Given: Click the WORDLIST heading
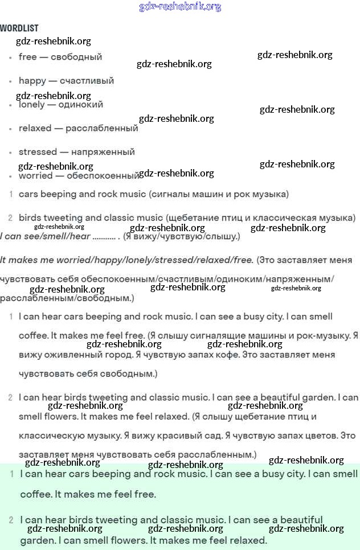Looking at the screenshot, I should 19,28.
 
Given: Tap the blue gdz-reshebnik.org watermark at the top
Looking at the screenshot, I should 180,7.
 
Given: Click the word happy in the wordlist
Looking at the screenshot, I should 32,81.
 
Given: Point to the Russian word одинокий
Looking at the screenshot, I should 80,105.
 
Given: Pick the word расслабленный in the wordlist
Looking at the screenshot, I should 102,129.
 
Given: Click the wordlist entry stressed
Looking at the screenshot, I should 38,152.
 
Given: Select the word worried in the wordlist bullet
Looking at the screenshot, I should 35,176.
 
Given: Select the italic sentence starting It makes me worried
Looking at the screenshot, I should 126,260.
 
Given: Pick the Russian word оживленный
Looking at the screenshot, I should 72,355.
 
